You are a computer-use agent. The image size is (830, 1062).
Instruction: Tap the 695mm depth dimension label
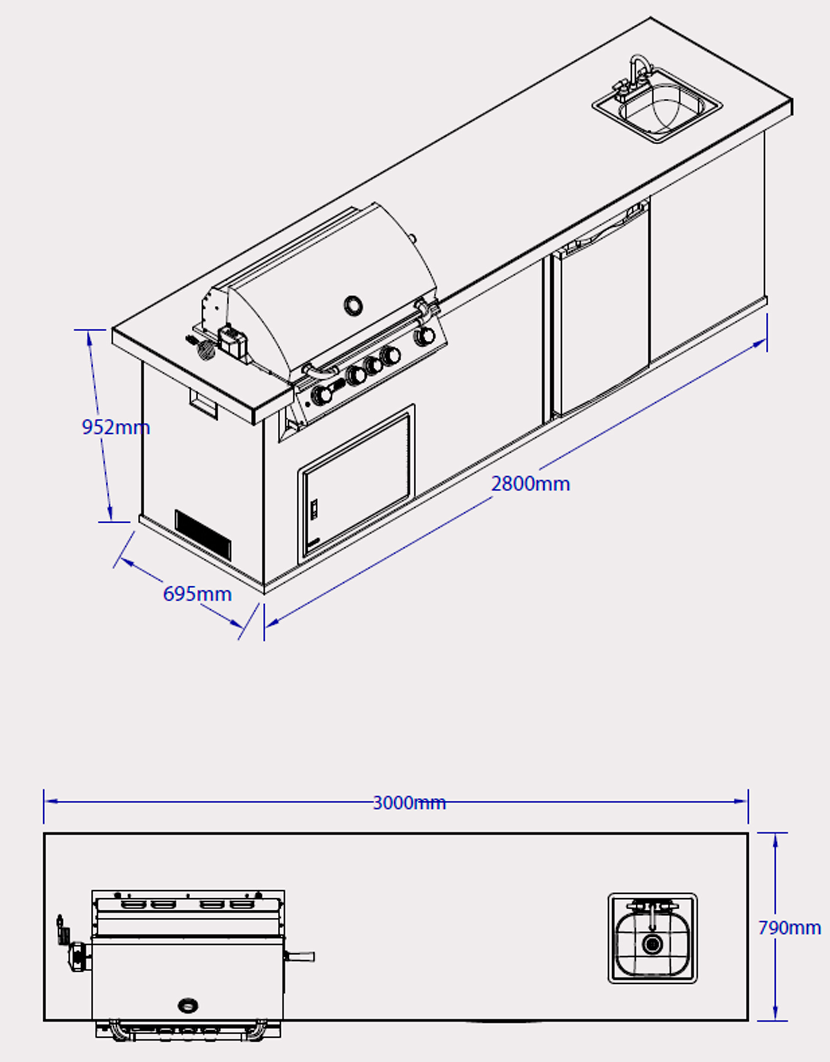click(x=197, y=594)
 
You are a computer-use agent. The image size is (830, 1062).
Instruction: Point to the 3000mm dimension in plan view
click(x=409, y=803)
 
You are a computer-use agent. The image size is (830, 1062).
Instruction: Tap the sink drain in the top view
click(x=652, y=944)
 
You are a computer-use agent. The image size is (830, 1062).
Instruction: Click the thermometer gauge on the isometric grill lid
click(x=353, y=305)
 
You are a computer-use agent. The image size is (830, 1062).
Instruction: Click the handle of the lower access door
click(x=314, y=508)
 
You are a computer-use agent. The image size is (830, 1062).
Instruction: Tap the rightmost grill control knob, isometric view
click(x=425, y=335)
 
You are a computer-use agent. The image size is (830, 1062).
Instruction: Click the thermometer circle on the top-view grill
click(x=188, y=1005)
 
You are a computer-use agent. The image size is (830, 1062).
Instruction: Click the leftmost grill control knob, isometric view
click(x=321, y=395)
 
